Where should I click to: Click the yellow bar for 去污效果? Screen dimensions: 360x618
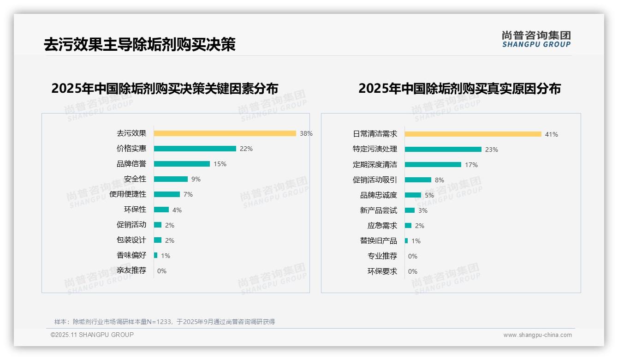(x=225, y=133)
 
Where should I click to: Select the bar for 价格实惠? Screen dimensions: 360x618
(x=195, y=149)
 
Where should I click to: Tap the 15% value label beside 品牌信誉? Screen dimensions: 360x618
(x=220, y=164)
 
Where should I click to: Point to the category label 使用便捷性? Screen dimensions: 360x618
(x=128, y=194)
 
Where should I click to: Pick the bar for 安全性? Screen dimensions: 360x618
(x=171, y=179)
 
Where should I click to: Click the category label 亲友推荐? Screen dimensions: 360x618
(x=131, y=270)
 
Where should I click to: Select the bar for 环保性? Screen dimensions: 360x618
(x=161, y=210)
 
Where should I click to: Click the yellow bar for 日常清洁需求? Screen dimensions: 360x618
(x=473, y=134)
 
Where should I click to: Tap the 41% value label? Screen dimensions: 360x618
(x=551, y=134)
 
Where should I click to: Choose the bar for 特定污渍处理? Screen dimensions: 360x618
(x=443, y=149)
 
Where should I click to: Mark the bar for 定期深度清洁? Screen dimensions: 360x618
(x=433, y=164)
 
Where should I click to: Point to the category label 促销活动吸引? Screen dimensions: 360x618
(x=374, y=180)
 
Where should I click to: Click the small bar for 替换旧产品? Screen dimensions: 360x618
(x=406, y=240)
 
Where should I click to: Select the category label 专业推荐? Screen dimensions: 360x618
(x=382, y=256)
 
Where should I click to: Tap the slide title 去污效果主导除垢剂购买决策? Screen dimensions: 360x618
(x=139, y=44)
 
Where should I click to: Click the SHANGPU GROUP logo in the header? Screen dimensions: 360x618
(x=536, y=39)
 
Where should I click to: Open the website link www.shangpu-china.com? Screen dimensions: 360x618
(x=537, y=335)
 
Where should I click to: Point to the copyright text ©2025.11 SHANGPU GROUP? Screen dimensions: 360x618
(x=92, y=335)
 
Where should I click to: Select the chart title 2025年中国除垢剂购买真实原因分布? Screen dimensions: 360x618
(x=459, y=89)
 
